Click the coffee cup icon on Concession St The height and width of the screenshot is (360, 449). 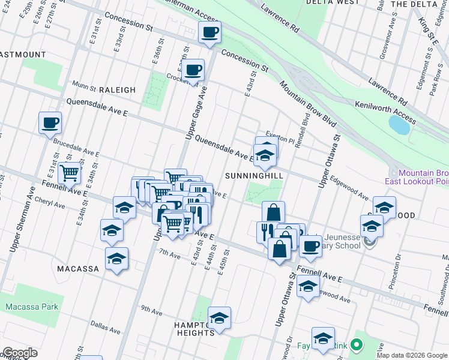pos(209,33)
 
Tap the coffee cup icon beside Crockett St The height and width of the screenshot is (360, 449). pos(193,71)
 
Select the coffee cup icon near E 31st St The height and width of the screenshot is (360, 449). pos(50,124)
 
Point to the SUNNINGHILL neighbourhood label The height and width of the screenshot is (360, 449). pos(254,176)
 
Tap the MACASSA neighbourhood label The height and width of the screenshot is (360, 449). pos(77,269)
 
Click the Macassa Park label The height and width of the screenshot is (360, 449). pos(32,307)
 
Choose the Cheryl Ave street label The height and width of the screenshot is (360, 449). pos(50,202)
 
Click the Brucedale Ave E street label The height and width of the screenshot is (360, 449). pos(76,148)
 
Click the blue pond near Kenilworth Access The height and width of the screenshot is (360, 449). pos(399,125)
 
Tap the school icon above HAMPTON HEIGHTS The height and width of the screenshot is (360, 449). pos(219,318)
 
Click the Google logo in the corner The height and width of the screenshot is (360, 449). pos(20,353)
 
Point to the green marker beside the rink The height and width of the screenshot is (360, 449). pos(356,345)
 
